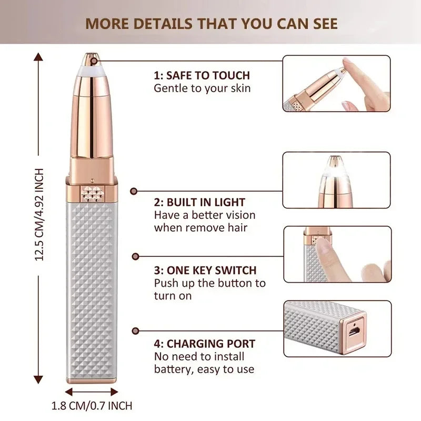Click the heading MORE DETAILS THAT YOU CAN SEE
click(x=211, y=24)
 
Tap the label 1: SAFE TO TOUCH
click(x=202, y=75)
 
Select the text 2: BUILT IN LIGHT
click(x=199, y=202)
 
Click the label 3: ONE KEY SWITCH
click(x=205, y=270)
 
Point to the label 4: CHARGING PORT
click(x=205, y=344)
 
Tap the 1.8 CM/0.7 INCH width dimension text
click(x=92, y=406)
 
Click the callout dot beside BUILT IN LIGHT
click(x=134, y=192)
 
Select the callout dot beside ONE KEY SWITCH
click(x=135, y=256)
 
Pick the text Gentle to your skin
click(x=202, y=88)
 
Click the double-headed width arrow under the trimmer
click(x=92, y=392)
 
